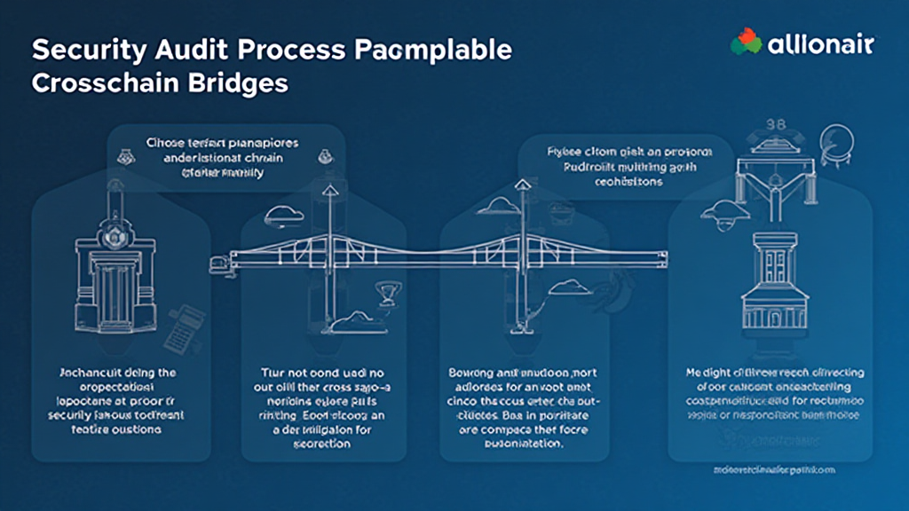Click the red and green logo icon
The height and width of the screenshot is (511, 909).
(746, 42)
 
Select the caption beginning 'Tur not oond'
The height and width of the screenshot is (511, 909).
(321, 405)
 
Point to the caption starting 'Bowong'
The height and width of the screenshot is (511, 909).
(522, 405)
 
